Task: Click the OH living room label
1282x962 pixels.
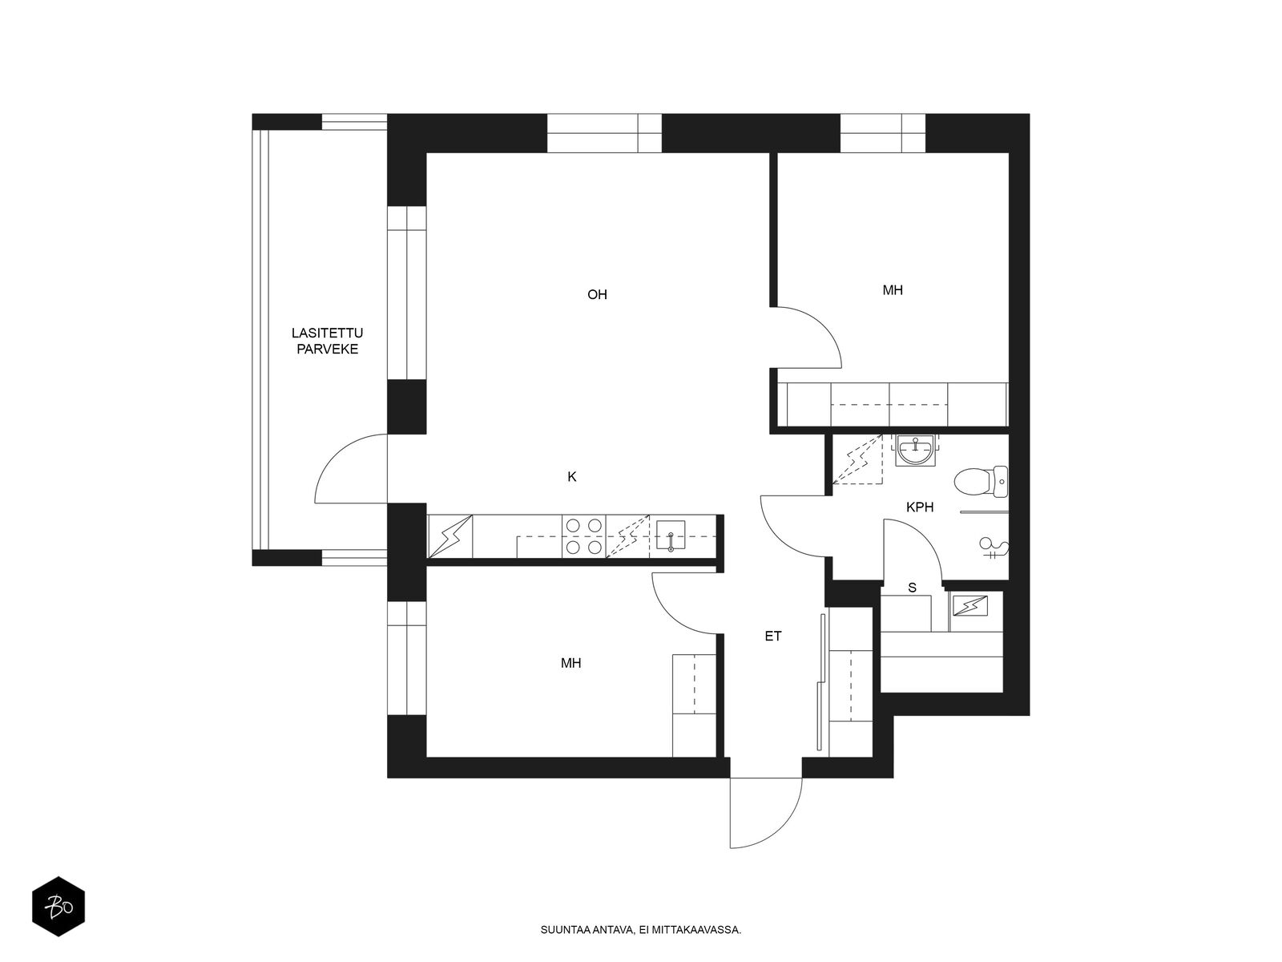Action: (x=597, y=294)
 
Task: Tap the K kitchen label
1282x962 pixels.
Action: (x=572, y=477)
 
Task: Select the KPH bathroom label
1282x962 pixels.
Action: (x=920, y=507)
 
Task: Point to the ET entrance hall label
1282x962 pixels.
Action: (x=772, y=636)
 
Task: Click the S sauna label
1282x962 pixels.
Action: (x=913, y=588)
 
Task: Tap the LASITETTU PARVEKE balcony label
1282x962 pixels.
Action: (x=327, y=342)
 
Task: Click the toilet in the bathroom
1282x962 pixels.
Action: (x=981, y=482)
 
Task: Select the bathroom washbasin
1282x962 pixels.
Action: (x=915, y=451)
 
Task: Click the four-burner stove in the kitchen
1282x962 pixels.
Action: (x=584, y=536)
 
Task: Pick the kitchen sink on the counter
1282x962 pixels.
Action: (x=671, y=536)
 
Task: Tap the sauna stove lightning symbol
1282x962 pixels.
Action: (x=970, y=606)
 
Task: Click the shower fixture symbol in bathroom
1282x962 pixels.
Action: (x=994, y=548)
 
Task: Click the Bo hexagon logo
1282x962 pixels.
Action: (x=58, y=907)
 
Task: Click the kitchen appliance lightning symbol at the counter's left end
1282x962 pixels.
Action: (x=450, y=536)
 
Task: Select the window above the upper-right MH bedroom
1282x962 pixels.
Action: (x=882, y=133)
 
